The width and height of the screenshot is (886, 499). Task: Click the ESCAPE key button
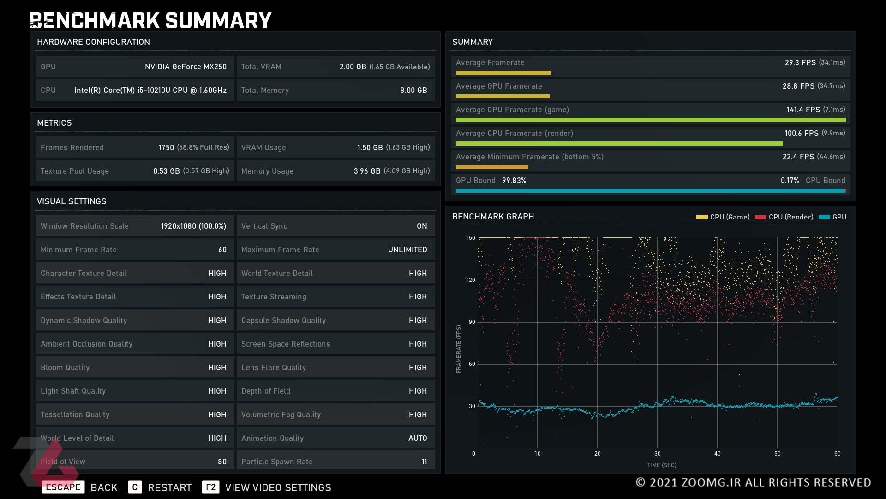(63, 487)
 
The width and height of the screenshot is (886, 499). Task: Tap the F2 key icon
(210, 487)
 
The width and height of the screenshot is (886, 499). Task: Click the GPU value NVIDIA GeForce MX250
(186, 67)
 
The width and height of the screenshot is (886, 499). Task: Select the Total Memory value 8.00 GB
(413, 90)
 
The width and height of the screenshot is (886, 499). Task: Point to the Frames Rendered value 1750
(166, 147)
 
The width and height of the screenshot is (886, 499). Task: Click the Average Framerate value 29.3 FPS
(800, 62)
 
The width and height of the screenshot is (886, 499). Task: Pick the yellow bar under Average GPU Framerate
(503, 97)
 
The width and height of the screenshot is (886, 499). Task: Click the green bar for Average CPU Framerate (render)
(619, 144)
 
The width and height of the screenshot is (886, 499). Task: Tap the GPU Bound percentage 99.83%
(514, 180)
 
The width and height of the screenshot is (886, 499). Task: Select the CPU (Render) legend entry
(784, 217)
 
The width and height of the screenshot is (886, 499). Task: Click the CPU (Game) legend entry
(723, 217)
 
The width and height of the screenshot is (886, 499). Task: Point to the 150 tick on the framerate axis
(470, 238)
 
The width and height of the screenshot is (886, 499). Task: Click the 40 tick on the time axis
(718, 454)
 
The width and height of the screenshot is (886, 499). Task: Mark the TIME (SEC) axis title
(662, 465)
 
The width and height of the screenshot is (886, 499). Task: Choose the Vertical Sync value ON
(422, 226)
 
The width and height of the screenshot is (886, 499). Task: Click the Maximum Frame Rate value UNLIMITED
(407, 249)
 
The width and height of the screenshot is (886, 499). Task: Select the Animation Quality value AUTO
(418, 438)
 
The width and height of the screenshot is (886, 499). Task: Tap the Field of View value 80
(222, 462)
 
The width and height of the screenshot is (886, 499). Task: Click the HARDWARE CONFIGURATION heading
(93, 42)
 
